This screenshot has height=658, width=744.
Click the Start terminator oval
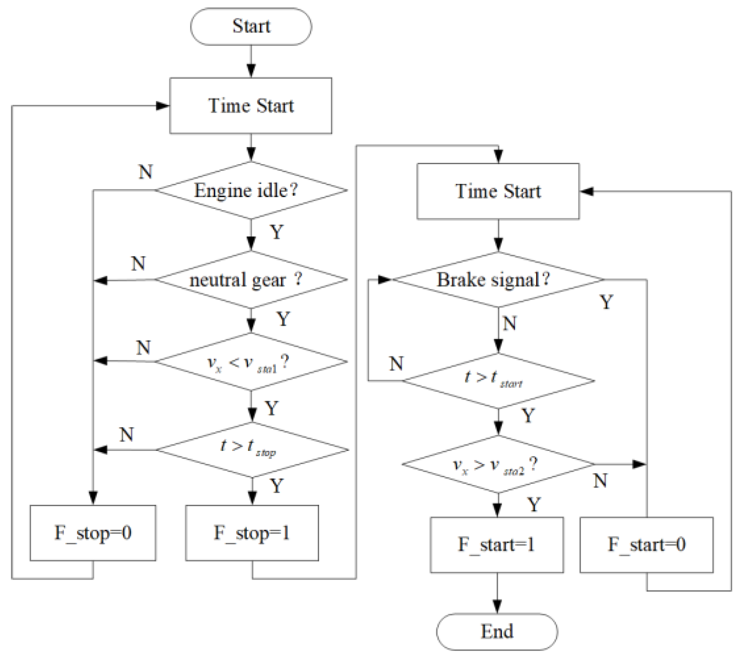pyautogui.click(x=251, y=26)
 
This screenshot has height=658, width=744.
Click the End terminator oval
pyautogui.click(x=497, y=631)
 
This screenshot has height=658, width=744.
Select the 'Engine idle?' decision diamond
pyautogui.click(x=251, y=190)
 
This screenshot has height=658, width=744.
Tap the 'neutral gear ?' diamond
pyautogui.click(x=251, y=279)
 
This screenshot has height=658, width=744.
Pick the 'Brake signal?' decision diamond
pyautogui.click(x=498, y=279)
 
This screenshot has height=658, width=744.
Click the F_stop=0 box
pyautogui.click(x=93, y=533)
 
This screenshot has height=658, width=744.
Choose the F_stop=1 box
pyautogui.click(x=252, y=533)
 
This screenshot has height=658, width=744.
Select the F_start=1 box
pyautogui.click(x=497, y=545)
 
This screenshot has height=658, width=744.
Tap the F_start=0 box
pyautogui.click(x=646, y=545)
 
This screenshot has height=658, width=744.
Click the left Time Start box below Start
pyautogui.click(x=251, y=106)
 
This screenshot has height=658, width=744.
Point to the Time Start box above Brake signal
pyautogui.click(x=498, y=191)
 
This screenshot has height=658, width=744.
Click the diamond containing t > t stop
pyautogui.click(x=252, y=450)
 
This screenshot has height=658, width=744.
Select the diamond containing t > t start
pyautogui.click(x=498, y=380)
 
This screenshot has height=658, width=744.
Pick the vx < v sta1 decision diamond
pyautogui.click(x=251, y=362)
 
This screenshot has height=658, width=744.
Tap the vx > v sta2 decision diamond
pyautogui.click(x=498, y=464)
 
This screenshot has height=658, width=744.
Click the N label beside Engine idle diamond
pyautogui.click(x=146, y=172)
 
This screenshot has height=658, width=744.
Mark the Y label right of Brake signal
pyautogui.click(x=606, y=302)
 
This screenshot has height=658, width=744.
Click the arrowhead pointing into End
pyautogui.click(x=497, y=607)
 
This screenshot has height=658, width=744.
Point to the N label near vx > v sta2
pyautogui.click(x=600, y=481)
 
